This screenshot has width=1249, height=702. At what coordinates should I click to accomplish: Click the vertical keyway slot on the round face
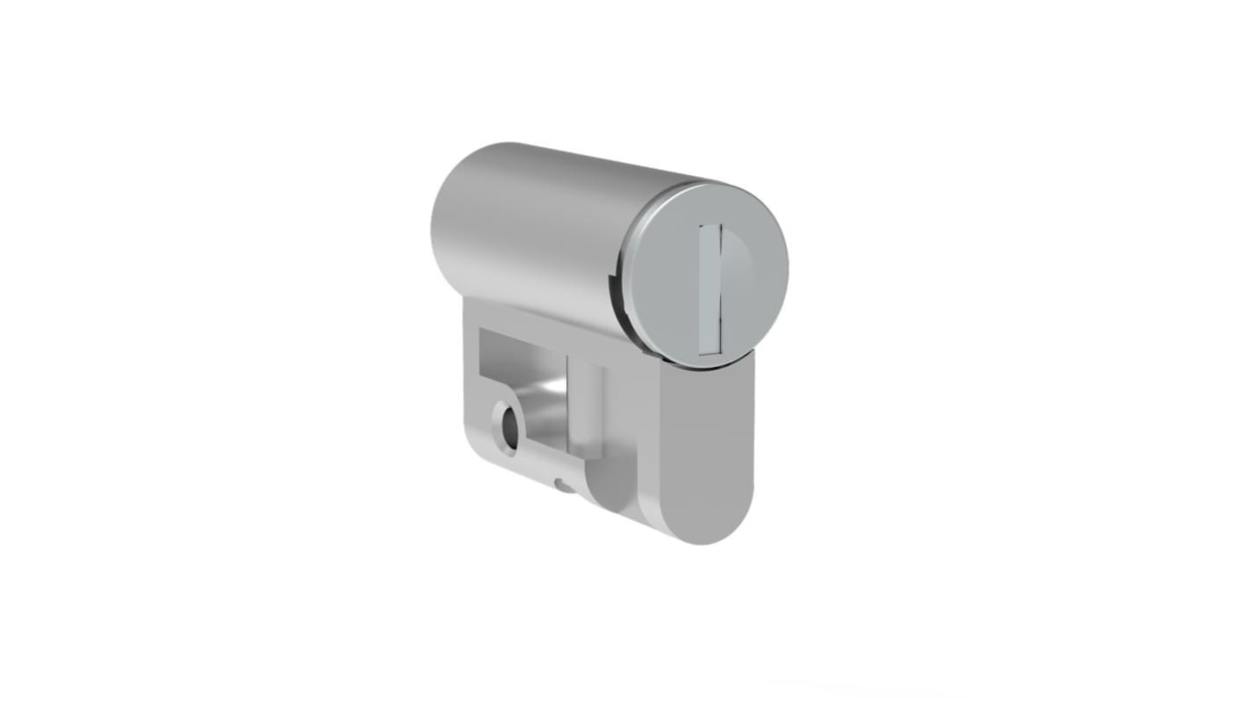click(710, 289)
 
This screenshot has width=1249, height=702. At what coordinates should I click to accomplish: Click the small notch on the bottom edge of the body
click(562, 485)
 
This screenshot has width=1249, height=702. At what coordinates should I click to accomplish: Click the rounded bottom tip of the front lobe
click(704, 532)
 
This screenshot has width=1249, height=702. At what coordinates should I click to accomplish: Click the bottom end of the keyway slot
click(709, 348)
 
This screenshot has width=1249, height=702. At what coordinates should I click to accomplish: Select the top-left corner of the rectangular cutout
click(482, 333)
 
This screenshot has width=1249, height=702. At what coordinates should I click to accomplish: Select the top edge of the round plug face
click(712, 187)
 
